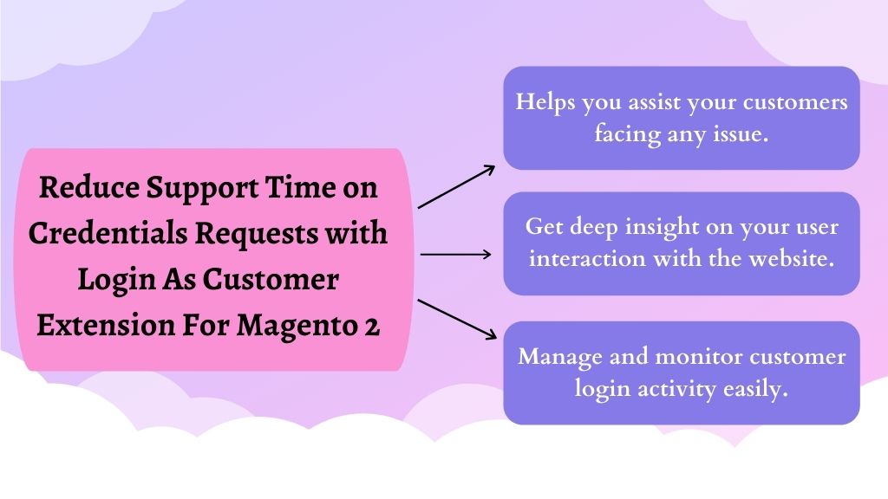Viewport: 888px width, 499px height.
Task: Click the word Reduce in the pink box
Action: click(89, 187)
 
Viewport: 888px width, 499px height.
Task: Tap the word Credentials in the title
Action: click(108, 232)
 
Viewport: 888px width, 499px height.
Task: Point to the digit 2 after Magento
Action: click(371, 327)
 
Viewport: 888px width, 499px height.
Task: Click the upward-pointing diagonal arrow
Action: click(456, 187)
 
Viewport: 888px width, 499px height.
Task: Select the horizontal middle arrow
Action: click(456, 255)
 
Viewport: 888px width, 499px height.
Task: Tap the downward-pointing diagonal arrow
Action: click(457, 320)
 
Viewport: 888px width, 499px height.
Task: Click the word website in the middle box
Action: click(792, 258)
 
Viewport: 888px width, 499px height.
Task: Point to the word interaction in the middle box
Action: click(587, 258)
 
